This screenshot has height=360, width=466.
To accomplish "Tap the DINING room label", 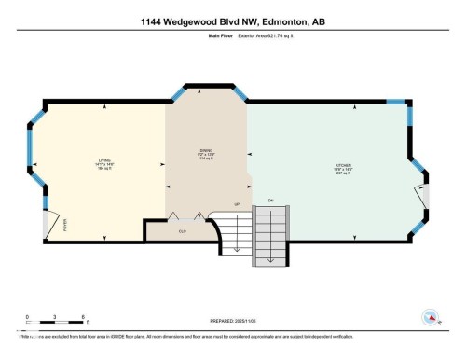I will pyautogui.click(x=207, y=151).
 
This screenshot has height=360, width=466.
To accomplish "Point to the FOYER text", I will pyautogui.click(x=65, y=224).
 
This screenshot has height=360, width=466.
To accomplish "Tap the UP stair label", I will pyautogui.click(x=237, y=203).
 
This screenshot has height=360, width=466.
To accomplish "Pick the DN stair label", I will pyautogui.click(x=271, y=200).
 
